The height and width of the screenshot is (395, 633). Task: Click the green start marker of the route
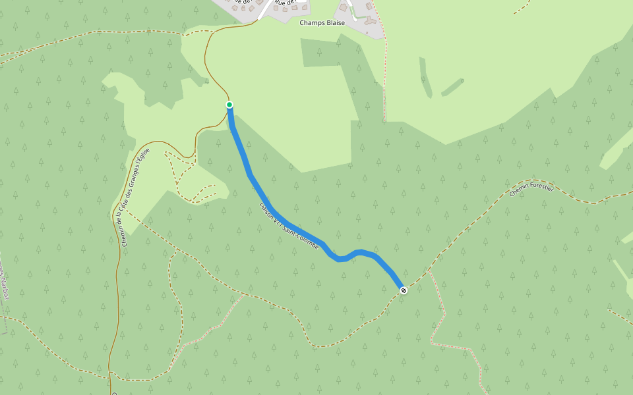pyautogui.click(x=229, y=105)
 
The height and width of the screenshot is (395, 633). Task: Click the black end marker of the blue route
pyautogui.click(x=404, y=290)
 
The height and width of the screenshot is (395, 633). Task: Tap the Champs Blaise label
pyautogui.click(x=322, y=22)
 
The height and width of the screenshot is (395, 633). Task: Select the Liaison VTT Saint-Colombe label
pyautogui.click(x=289, y=226)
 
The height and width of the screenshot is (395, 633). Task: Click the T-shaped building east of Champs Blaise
pyautogui.click(x=371, y=20)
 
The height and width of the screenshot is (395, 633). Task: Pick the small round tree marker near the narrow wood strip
pyautogui.click(x=462, y=81)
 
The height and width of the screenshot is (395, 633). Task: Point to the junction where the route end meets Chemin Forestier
pyautogui.click(x=404, y=290)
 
